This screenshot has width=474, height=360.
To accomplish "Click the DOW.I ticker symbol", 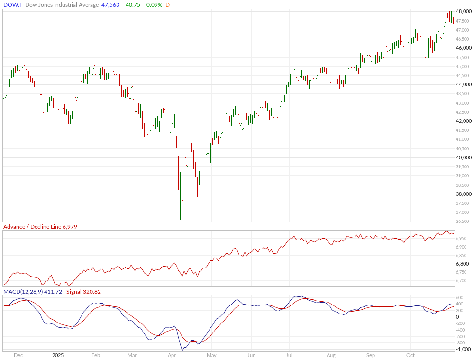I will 12,5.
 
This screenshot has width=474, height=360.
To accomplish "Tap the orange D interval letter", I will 168,5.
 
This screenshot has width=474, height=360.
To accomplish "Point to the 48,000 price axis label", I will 464,12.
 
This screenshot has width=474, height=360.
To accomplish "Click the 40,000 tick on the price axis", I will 464,157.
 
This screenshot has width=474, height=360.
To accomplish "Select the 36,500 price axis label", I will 464,222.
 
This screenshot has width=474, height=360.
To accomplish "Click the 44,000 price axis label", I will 464,84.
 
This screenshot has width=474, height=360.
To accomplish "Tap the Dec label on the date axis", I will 18,355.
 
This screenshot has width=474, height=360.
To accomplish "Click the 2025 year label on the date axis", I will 58,355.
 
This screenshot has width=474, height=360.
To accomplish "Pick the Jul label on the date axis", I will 289,355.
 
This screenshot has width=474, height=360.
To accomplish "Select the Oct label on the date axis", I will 410,355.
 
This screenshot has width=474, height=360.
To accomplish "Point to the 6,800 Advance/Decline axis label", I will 462,264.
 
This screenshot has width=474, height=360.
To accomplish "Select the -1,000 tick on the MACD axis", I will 463,350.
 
